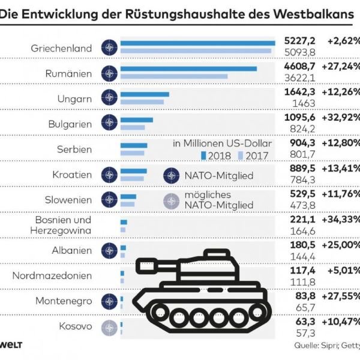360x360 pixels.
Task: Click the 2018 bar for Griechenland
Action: [197, 43]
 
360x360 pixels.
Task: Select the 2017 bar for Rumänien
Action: [174, 76]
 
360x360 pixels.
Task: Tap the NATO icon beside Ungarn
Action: [109, 97]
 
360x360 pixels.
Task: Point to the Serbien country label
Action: [76, 149]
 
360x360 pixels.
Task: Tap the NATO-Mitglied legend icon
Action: [171, 176]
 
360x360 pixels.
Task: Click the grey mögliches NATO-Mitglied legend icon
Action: [171, 200]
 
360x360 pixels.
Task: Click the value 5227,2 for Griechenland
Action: [299, 41]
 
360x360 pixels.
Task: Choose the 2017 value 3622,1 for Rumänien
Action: [299, 77]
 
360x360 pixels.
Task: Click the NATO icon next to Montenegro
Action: [109, 302]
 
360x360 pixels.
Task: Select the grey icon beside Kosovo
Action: [109, 327]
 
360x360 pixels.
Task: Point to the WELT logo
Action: [11, 346]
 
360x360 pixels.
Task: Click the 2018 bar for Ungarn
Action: [145, 94]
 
